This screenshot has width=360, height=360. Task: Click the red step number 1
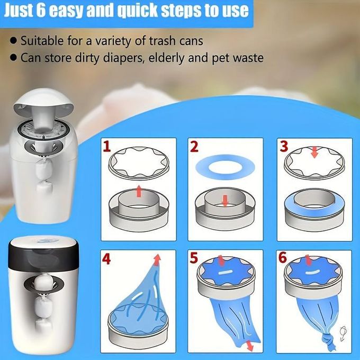pos(107,147)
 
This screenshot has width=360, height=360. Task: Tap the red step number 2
pos(194,147)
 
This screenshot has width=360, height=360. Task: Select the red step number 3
pos(284,146)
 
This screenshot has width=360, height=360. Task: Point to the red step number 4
pos(106,259)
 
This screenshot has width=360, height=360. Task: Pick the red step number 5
pos(194,258)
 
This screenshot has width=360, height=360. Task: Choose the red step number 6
pos(283,257)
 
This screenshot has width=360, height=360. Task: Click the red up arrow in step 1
pos(139,191)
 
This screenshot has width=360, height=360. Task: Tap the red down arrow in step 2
pos(225,201)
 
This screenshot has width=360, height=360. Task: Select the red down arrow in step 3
pos(314,152)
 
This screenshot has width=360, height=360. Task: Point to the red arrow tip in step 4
pos(157,259)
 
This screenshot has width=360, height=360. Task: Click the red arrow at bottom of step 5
pos(249,346)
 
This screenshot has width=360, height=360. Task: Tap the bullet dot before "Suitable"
pos(14,41)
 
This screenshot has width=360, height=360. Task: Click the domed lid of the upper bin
pos(43,101)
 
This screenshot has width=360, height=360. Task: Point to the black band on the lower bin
pos(43,256)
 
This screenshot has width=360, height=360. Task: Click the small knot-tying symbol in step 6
pos(343,334)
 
